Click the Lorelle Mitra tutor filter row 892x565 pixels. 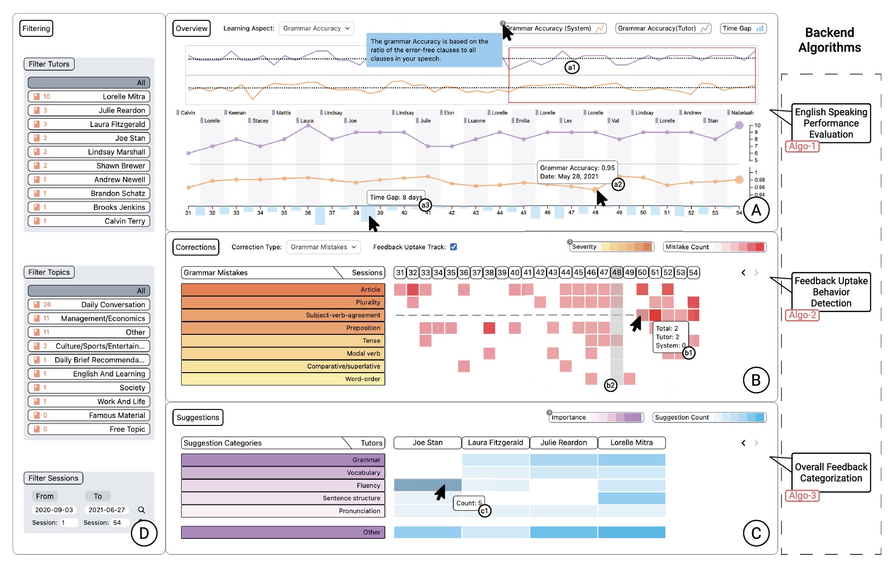89,96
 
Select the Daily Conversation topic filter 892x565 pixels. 89,304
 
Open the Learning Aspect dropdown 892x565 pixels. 316,29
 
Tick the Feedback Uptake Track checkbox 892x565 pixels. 453,247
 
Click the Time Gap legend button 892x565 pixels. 743,29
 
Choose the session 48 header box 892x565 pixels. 616,272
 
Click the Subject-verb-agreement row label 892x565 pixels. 283,315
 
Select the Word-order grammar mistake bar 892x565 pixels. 283,379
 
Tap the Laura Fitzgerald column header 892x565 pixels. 495,443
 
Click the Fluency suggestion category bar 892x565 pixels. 283,486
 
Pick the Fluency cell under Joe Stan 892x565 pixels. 428,485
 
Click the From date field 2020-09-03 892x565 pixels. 54,510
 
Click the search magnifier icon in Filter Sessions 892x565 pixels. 141,510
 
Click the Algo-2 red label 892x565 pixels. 802,315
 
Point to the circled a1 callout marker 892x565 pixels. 572,67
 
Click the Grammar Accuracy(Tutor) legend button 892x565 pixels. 663,29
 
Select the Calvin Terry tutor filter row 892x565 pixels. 89,221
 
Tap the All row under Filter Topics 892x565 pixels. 89,291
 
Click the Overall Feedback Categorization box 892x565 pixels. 831,472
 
